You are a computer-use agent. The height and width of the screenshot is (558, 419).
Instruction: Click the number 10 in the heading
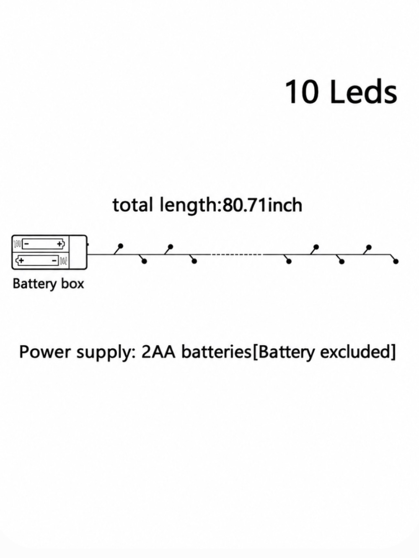pos(302,92)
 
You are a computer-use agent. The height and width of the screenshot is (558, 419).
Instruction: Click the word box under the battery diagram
pos(72,283)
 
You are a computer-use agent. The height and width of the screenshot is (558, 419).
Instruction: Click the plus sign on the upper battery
pos(59,244)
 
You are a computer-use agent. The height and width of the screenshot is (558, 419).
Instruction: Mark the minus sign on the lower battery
pos(54,260)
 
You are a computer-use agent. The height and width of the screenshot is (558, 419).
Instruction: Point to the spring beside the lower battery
pos(63,260)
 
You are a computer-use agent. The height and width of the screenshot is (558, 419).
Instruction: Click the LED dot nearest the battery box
pos(121,246)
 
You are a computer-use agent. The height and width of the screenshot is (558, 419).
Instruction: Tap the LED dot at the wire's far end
pos(396,261)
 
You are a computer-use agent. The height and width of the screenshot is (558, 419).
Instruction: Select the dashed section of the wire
pos(237,254)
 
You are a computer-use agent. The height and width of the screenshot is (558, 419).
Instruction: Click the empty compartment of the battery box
pos(78,252)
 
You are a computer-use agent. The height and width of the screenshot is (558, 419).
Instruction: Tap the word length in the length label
pos(190,206)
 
